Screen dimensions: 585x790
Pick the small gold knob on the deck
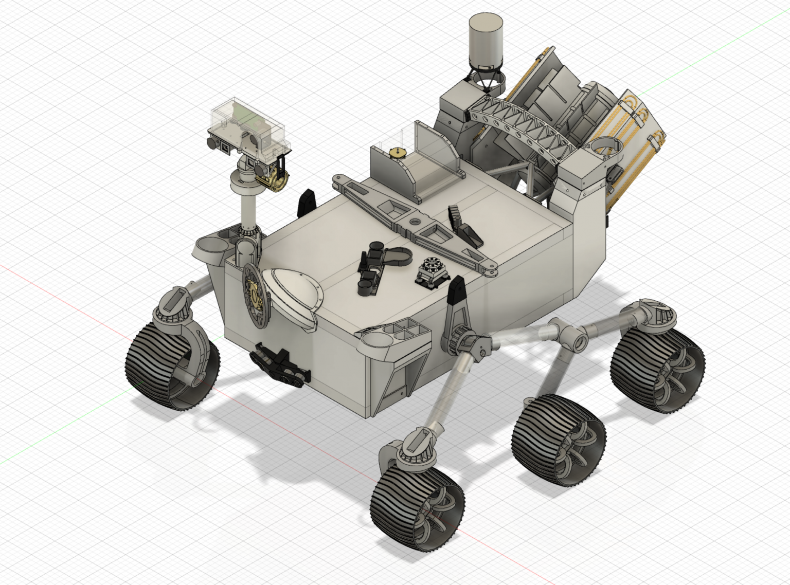pos(397,152)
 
